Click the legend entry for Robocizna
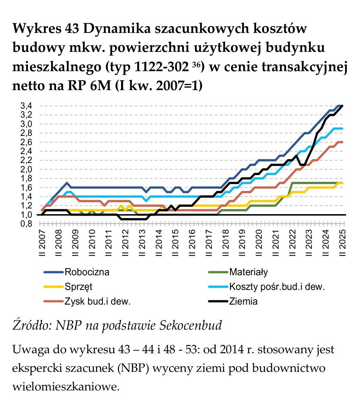coord(86,272)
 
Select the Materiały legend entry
coord(248,272)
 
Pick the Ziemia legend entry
coord(243,301)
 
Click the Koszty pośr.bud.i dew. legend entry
coord(272,287)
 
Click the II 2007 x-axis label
coord(42,243)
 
